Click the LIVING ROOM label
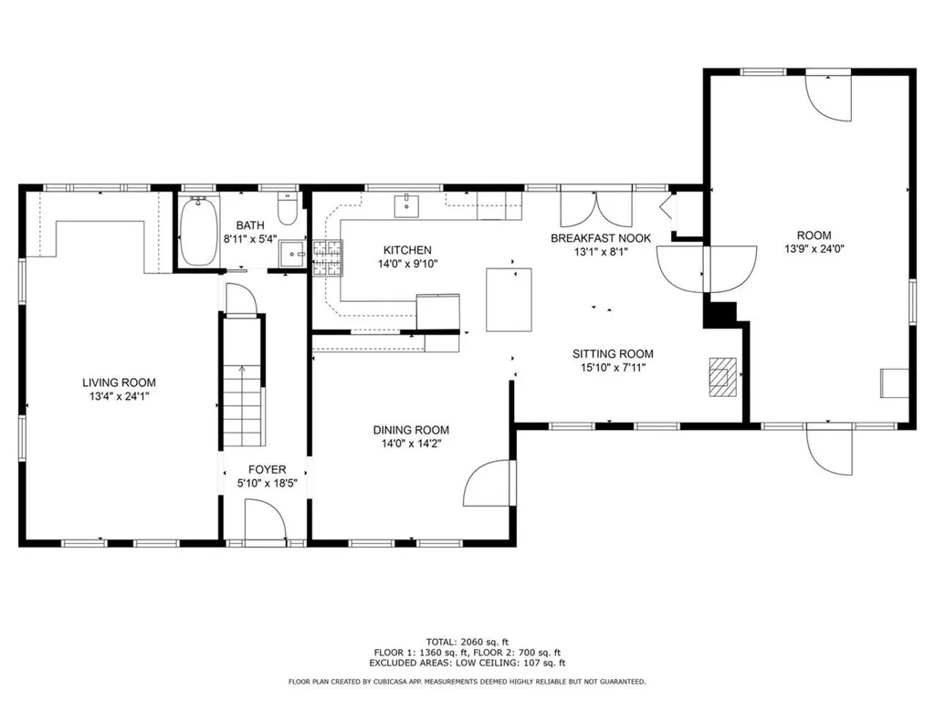119,382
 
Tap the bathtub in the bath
196,232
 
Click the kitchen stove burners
328,258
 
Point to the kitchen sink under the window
406,206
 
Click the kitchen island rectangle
508,299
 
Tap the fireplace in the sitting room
723,375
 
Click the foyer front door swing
266,527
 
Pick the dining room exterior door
490,484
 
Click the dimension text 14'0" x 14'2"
411,445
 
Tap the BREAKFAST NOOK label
601,238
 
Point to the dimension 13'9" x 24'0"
813,248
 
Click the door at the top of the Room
828,97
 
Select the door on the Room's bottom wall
829,448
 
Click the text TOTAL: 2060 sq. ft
467,641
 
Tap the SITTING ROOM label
613,354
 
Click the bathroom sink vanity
293,255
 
